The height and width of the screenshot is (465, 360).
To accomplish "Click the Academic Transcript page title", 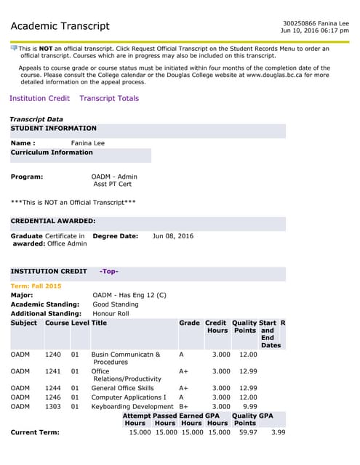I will click(60, 27).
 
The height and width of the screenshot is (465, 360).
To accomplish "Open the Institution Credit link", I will click(39, 98).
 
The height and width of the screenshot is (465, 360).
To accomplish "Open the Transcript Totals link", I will click(109, 98).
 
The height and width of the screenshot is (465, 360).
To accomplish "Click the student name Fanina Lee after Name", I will click(88, 143).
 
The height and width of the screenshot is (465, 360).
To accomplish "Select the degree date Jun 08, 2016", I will click(173, 236).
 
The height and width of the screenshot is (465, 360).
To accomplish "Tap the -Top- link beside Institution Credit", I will click(108, 272).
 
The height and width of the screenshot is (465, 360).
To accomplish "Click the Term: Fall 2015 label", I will click(36, 286).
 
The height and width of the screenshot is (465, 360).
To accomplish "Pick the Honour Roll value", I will click(111, 313).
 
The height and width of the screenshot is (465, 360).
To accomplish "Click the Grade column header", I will click(189, 323).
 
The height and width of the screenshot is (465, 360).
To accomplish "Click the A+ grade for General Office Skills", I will click(183, 388).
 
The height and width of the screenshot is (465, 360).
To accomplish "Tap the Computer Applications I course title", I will click(129, 397).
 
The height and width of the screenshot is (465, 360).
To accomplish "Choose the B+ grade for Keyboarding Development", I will click(184, 406).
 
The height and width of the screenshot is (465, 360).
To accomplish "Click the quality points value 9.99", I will click(249, 406).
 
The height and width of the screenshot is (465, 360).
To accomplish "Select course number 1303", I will click(53, 406).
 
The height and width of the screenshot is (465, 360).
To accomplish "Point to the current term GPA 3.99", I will click(278, 432).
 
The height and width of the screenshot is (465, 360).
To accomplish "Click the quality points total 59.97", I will click(248, 432).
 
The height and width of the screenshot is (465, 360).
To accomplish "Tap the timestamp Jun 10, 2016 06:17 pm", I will click(314, 31).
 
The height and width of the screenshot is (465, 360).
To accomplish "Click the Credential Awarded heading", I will click(53, 220).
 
